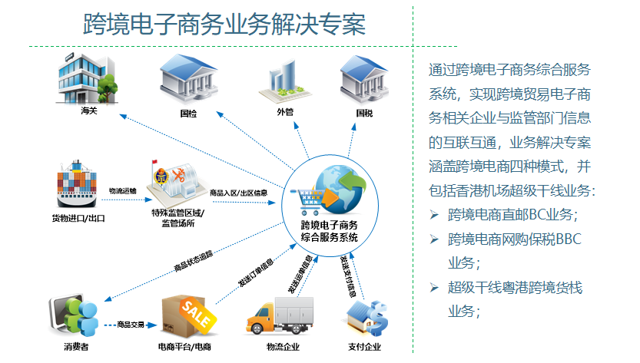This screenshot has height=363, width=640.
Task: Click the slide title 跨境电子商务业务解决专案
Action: [x=224, y=24]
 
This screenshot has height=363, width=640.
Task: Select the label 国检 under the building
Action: [x=187, y=113]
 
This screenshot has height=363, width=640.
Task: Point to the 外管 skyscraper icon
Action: [x=284, y=81]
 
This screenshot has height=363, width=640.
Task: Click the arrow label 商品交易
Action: [x=131, y=325]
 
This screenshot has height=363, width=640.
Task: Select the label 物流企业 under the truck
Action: [x=281, y=348]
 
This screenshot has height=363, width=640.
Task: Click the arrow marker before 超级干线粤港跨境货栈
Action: [x=434, y=288]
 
